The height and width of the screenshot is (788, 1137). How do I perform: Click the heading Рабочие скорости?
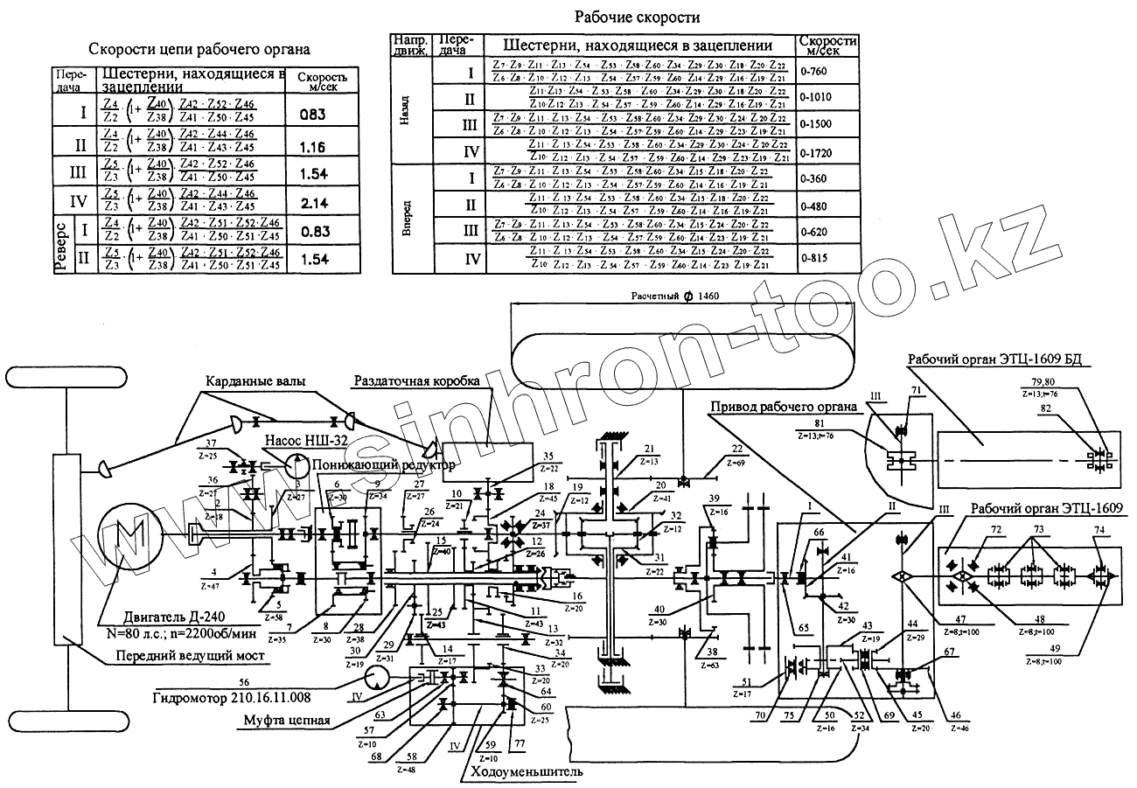pos(637,17)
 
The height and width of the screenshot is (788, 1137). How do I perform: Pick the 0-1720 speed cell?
pos(816,153)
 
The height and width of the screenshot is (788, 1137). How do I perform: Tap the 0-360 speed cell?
pos(814,179)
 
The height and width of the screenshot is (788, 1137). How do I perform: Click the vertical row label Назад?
pos(405,109)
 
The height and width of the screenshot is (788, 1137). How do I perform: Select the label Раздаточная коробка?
pos(417,382)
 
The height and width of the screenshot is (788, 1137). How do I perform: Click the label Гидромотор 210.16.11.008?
pos(231,698)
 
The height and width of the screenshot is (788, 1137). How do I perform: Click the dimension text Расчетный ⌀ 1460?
pos(674,296)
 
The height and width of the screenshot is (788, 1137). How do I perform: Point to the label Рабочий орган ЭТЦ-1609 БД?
pos(1000,360)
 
